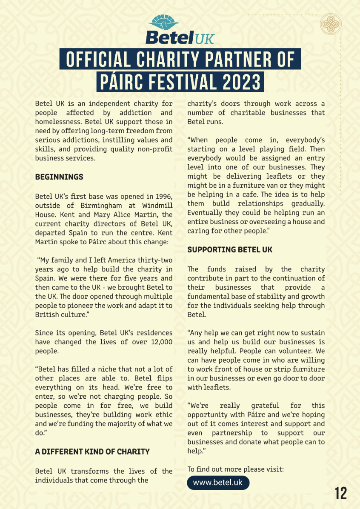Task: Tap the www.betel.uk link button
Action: click(218, 483)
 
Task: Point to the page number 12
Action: click(340, 493)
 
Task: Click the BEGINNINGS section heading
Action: click(59, 177)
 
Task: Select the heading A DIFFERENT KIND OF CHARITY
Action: click(92, 452)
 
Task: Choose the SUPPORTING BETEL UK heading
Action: click(230, 249)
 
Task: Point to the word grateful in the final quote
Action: click(265, 406)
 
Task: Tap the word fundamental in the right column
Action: click(207, 296)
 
